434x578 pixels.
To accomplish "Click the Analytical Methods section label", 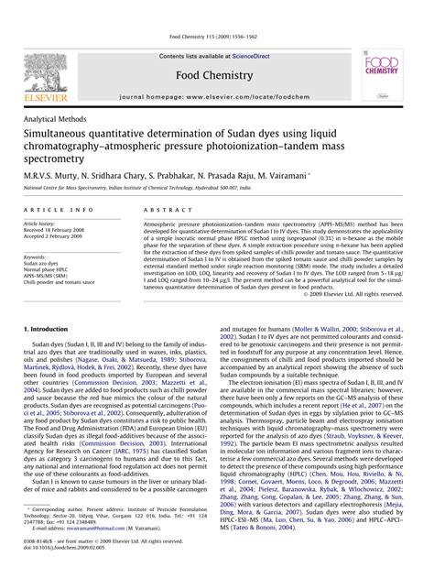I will [58, 120].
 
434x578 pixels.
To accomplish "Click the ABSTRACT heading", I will [165, 210].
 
